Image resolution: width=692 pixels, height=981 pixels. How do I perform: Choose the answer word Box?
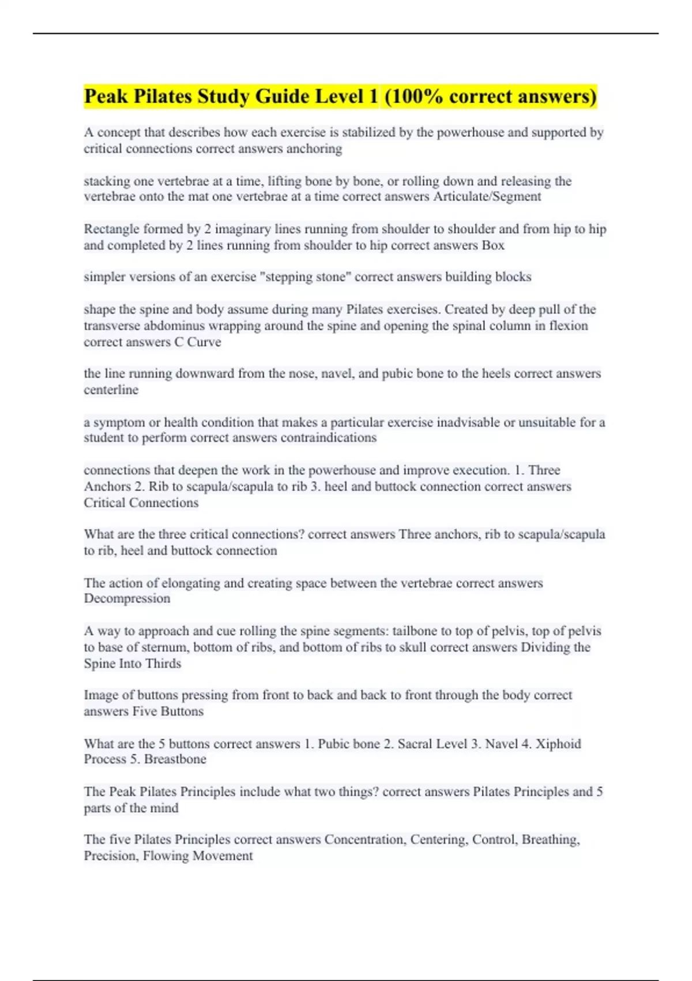(x=493, y=245)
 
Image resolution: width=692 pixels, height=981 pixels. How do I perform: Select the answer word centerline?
(x=111, y=390)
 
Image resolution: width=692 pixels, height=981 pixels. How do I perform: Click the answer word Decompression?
(x=127, y=598)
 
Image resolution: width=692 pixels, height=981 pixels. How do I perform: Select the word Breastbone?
(x=175, y=759)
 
